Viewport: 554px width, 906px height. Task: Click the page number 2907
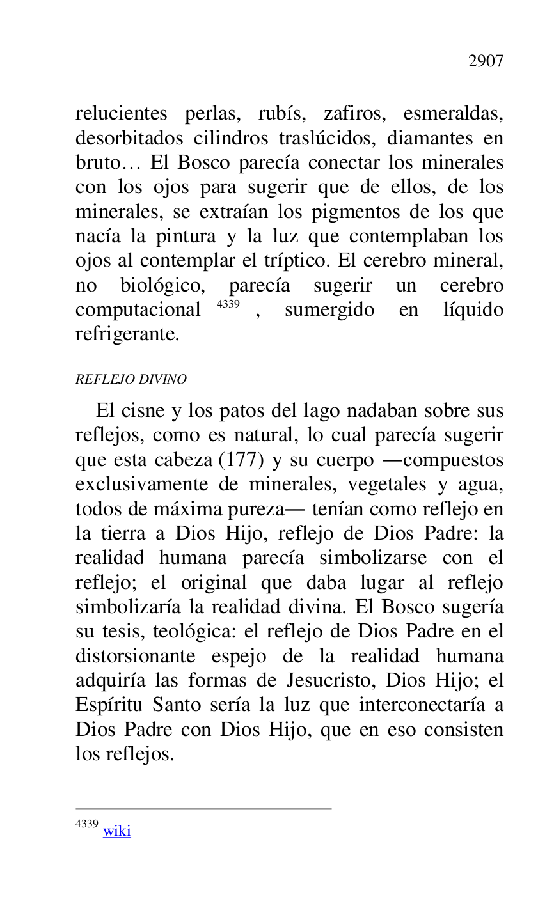coord(486,61)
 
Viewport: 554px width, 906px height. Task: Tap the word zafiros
coord(354,114)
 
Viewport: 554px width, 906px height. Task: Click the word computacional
coord(138,310)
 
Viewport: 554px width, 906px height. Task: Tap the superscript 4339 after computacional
coord(228,304)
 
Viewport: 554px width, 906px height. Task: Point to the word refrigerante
coord(127,334)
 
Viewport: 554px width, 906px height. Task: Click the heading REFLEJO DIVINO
coord(131,379)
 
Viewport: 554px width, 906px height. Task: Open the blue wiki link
coord(117,831)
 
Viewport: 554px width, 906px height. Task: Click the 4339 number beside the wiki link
coord(86,824)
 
